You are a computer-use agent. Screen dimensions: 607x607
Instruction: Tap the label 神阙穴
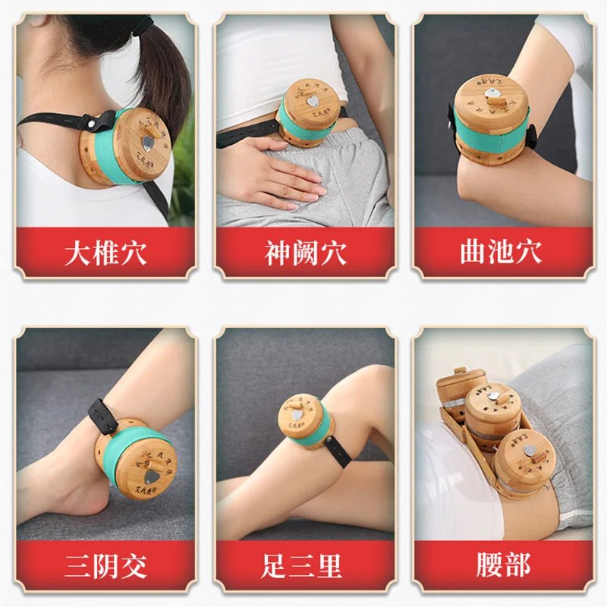pos(304,253)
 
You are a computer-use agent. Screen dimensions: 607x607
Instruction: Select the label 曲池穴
pos(501,253)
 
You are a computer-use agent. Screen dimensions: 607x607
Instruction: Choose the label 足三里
pos(304,565)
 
